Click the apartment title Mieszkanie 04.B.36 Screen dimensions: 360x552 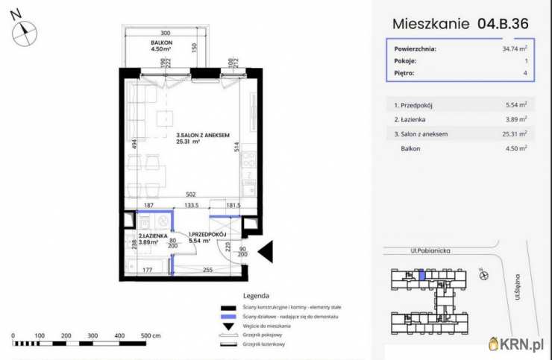pos(460,23)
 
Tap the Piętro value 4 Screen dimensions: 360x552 pos(525,73)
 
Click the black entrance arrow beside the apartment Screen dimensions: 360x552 pos(268,252)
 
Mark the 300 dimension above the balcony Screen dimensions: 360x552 pos(165,33)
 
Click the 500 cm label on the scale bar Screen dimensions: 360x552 pos(151,336)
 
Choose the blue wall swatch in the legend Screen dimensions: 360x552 pos(228,317)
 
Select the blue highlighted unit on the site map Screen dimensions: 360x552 pos(422,277)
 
